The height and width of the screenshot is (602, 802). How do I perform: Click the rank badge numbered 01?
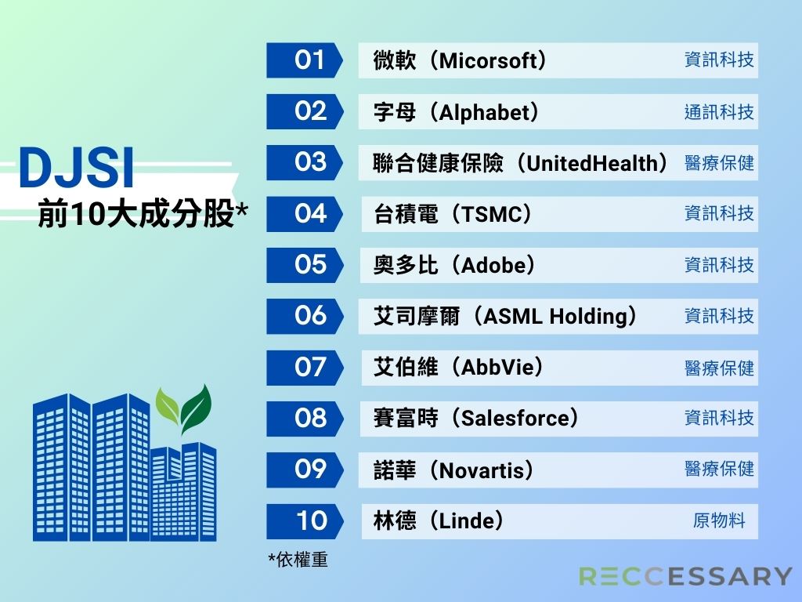coord(304,60)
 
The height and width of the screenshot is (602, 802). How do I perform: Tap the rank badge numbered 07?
coord(304,368)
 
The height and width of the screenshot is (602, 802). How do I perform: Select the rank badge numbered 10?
coord(304,521)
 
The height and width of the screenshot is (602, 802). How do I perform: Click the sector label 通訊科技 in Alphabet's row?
coord(719,112)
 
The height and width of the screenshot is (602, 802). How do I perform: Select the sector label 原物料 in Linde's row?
coord(719,520)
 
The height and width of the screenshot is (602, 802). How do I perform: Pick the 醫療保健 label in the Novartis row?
coord(719,469)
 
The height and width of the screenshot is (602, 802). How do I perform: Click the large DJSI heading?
coord(77,168)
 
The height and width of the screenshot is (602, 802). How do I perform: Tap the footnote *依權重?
coord(298,560)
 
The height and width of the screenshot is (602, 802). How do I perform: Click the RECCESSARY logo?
coord(685,576)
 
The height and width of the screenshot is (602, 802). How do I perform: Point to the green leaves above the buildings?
coord(183,408)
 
